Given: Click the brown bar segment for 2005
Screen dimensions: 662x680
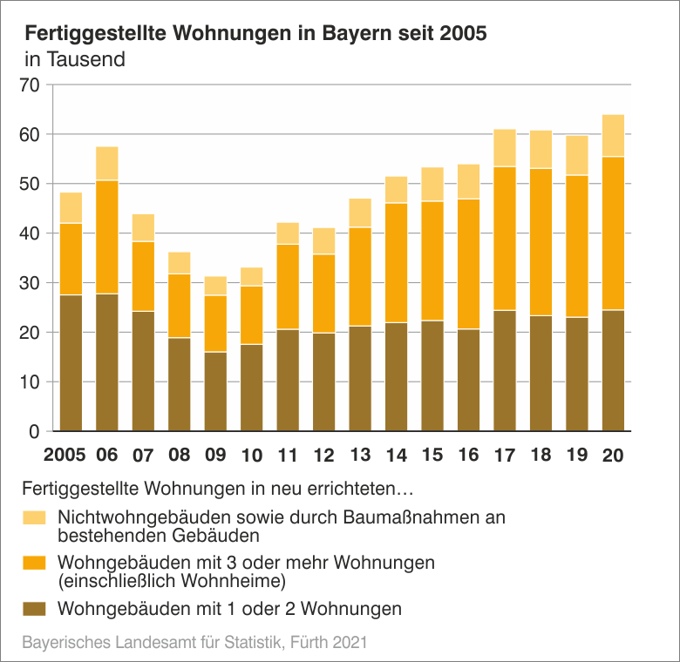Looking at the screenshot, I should tap(71, 363).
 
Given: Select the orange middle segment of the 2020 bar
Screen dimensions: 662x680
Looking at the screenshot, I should tap(613, 233).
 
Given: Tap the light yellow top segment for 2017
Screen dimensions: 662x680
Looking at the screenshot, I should tap(505, 148).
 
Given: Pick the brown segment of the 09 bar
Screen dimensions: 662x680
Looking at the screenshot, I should tap(215, 391).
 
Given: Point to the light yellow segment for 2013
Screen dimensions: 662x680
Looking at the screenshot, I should tap(360, 213).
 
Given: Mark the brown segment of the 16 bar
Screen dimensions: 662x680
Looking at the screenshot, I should tap(469, 380).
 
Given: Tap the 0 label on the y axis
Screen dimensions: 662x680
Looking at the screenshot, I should tap(35, 432).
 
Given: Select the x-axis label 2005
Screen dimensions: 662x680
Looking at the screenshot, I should tap(65, 456).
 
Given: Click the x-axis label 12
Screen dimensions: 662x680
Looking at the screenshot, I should tap(323, 456).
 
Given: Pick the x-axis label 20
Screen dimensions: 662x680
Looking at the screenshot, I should tap(613, 456).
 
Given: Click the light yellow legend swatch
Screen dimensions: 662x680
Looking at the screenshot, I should tap(35, 517).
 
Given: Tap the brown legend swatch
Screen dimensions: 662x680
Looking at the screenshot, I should tap(35, 608).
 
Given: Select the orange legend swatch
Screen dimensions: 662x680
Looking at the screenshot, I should tap(35, 563).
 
